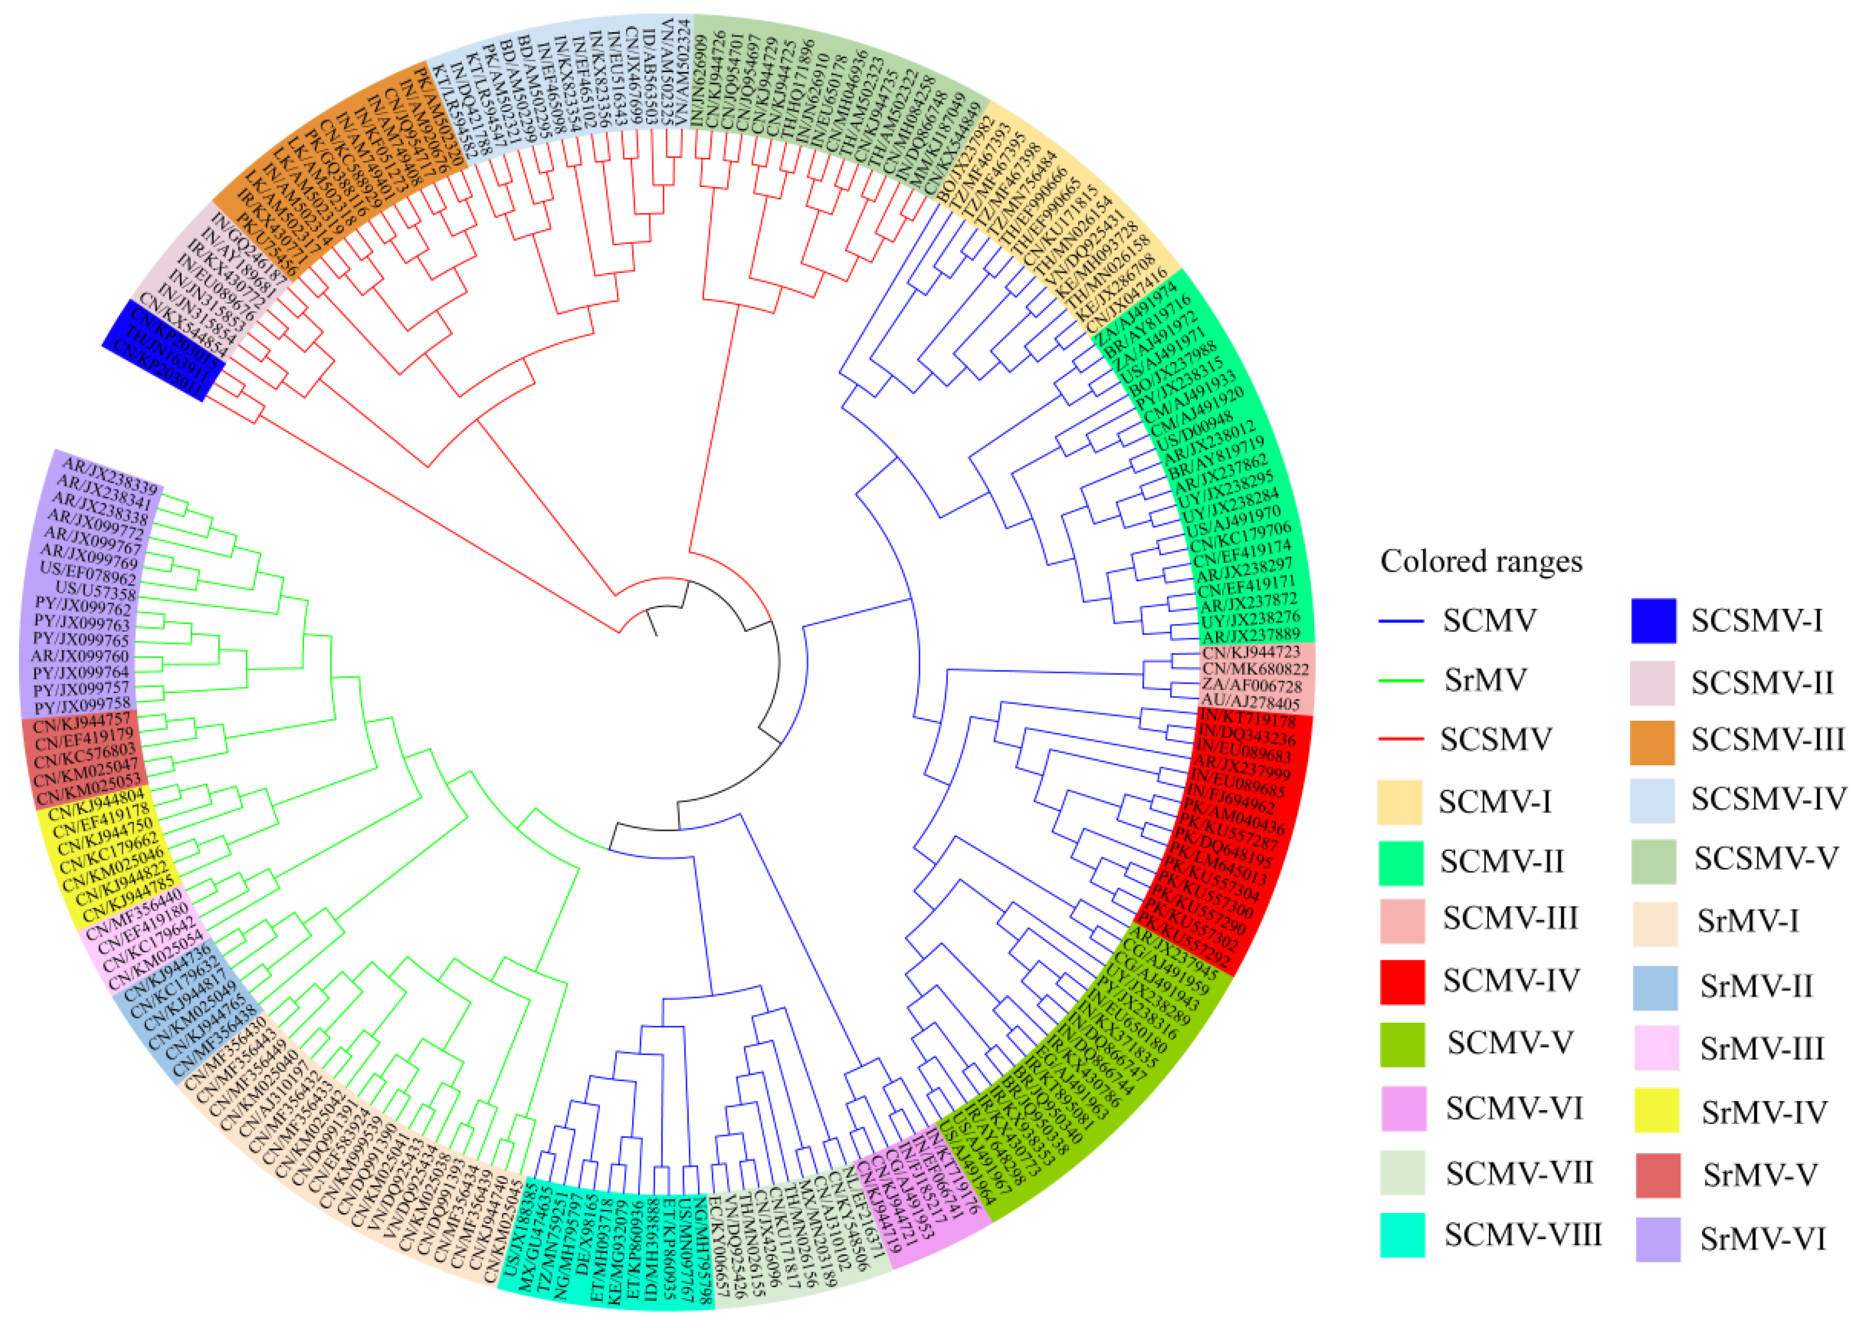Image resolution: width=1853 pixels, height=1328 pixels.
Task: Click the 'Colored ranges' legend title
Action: click(1481, 561)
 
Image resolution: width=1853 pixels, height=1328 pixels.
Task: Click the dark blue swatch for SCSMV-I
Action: click(1653, 621)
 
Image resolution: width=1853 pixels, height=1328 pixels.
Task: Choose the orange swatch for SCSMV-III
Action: click(1652, 742)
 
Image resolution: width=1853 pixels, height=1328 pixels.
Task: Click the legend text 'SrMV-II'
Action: click(1757, 986)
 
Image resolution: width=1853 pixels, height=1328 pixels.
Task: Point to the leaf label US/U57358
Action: click(95, 590)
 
